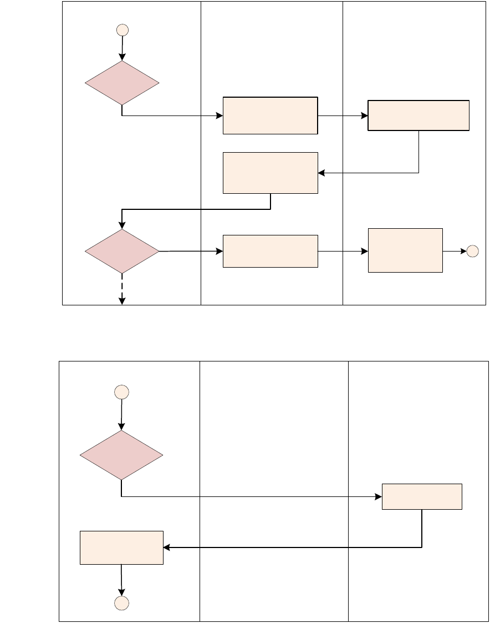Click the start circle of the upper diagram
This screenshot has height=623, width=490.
tap(122, 30)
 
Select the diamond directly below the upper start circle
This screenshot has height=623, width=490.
tap(122, 83)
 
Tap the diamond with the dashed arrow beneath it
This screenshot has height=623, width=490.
tap(122, 251)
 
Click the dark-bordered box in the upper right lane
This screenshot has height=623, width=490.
tap(418, 115)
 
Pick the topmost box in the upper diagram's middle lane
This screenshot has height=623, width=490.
tap(270, 115)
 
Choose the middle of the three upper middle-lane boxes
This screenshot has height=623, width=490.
tap(270, 173)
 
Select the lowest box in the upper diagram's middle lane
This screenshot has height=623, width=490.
tap(270, 251)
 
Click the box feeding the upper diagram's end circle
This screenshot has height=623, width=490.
tap(405, 250)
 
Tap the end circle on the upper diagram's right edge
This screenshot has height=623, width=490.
tap(472, 251)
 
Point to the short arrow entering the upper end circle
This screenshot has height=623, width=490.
tap(455, 251)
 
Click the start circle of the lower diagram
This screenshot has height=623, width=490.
tap(121, 392)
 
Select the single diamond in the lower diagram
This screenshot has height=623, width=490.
tap(121, 455)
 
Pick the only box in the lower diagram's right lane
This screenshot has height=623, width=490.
tap(422, 496)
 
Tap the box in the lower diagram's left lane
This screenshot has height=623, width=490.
tap(121, 547)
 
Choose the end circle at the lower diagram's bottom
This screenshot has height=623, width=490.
tap(121, 604)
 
